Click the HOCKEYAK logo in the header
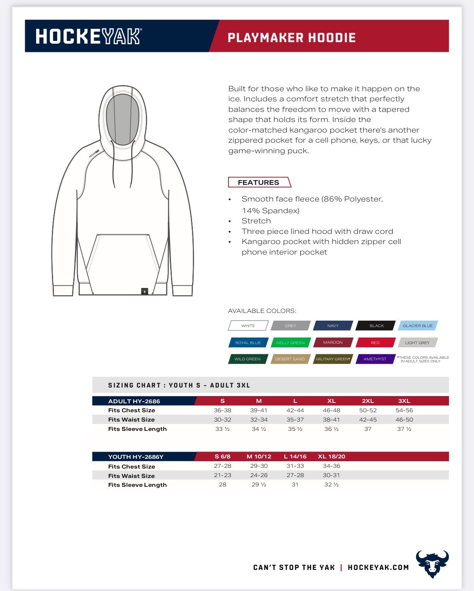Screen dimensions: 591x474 click(88, 36)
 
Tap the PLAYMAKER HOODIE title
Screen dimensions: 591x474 click(291, 38)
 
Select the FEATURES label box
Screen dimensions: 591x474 click(259, 182)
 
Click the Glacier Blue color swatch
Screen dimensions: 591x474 click(418, 325)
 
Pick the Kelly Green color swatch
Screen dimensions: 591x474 click(290, 343)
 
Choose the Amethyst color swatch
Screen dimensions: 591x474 click(375, 359)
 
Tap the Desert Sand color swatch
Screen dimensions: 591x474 click(290, 359)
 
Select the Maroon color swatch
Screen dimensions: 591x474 click(333, 343)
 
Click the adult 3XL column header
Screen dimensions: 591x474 click(404, 401)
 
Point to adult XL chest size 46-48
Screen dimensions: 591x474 click(331, 410)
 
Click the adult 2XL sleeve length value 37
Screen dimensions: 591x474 click(368, 429)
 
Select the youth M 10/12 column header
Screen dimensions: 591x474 click(259, 456)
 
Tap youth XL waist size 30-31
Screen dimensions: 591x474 click(331, 475)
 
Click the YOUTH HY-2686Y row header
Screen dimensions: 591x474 click(136, 457)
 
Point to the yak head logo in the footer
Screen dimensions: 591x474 click(432, 563)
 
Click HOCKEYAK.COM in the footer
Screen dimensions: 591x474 click(378, 567)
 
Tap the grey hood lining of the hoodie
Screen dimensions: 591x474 click(122, 118)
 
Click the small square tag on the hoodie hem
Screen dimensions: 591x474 click(145, 291)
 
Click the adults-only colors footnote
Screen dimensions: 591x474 click(423, 359)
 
